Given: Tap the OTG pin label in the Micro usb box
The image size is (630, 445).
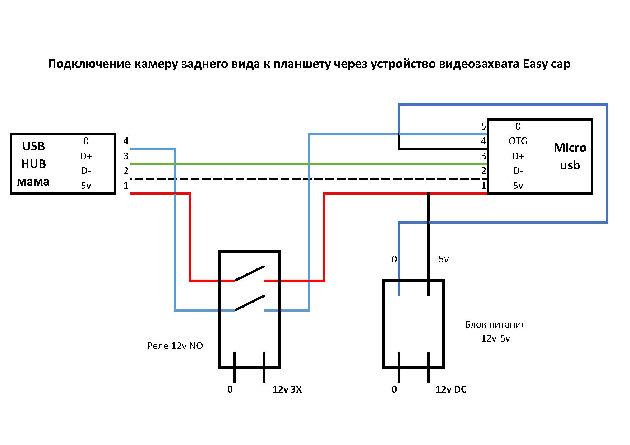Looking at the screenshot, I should [x=518, y=141].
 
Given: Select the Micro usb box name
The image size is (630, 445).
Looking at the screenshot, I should [x=570, y=156].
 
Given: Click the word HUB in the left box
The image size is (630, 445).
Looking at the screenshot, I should [x=33, y=164].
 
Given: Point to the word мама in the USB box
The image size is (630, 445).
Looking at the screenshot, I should [x=33, y=182].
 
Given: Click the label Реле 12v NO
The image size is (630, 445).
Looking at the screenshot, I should [x=175, y=346].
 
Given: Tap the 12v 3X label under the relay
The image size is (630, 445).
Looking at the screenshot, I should [x=287, y=389].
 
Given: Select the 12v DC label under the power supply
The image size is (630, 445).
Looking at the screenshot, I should [x=451, y=389].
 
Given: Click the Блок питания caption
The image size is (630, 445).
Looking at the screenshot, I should [x=495, y=325].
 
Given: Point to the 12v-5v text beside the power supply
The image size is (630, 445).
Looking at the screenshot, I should [x=495, y=338].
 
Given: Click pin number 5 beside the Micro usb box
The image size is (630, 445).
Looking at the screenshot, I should [x=483, y=126].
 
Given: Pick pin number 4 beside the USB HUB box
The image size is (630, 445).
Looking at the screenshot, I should [x=126, y=141].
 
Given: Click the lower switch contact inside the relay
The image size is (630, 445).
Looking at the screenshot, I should [x=250, y=303].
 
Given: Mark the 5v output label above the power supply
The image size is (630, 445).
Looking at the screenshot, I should [x=444, y=259].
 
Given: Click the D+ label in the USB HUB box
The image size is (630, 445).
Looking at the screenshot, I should [x=86, y=156].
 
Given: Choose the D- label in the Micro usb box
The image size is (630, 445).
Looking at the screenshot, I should [x=518, y=171].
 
